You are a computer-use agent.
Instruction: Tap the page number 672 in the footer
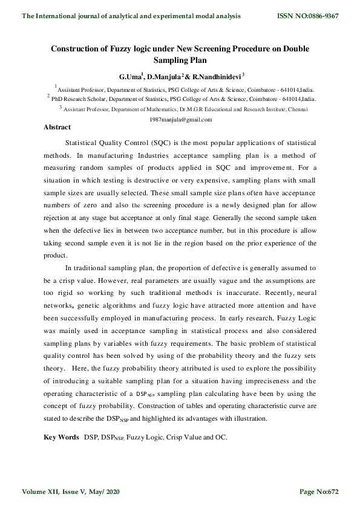point(331,491)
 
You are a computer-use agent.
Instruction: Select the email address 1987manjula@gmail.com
point(180,120)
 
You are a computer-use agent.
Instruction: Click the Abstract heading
point(57,128)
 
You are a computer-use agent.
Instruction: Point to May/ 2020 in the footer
point(106,491)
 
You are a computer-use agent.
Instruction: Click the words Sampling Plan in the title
point(180,61)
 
